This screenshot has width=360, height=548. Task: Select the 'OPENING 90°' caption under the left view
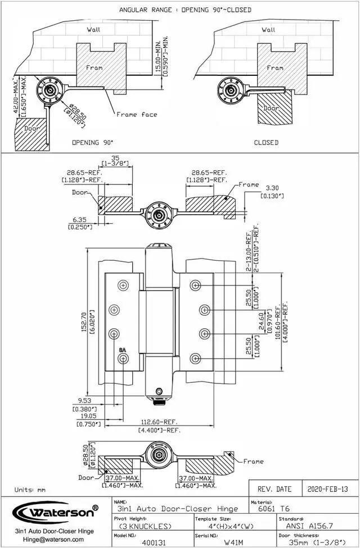pos(92,143)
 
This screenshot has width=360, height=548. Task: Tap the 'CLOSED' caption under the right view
pos(266,143)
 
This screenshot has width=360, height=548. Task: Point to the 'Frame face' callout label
pos(137,115)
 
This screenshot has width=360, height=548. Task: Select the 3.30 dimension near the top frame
pos(272,188)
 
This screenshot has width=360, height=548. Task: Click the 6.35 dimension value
pos(79,220)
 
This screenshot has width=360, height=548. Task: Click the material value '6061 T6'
pos(271,509)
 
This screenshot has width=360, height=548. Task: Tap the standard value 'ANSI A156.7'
pos(318,526)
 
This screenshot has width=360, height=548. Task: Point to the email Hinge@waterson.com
pos(53,539)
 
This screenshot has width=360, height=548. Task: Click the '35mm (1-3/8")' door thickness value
pos(318,543)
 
